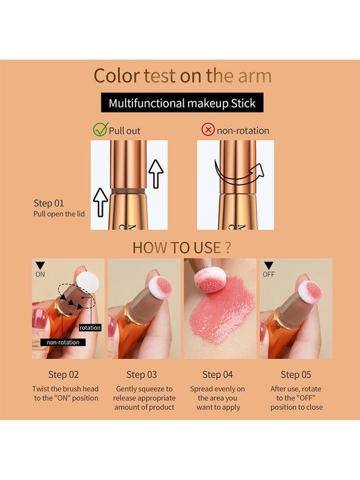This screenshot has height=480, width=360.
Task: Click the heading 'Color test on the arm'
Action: [182, 75]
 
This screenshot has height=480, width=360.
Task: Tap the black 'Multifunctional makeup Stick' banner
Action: [182, 103]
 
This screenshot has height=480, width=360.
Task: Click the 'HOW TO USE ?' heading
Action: [182, 247]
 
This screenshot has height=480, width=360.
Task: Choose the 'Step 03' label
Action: [141, 374]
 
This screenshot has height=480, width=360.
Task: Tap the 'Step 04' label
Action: [218, 374]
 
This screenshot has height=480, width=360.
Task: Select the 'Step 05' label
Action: [296, 374]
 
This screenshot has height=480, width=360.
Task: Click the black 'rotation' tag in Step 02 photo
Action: [90, 327]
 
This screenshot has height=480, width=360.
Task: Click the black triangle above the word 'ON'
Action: [40, 266]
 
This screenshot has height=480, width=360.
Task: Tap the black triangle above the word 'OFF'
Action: [269, 266]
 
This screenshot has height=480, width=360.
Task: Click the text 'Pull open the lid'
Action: [60, 214]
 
